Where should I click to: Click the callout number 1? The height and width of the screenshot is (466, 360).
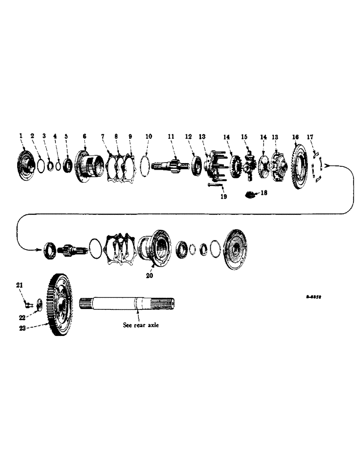[21, 136]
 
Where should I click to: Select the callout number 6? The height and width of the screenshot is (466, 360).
[84, 136]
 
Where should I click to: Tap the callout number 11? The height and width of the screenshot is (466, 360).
[171, 136]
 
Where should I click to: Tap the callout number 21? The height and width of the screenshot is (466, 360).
[20, 285]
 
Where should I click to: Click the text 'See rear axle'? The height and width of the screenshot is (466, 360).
[141, 325]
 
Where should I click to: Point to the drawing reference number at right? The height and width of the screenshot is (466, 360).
[315, 295]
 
